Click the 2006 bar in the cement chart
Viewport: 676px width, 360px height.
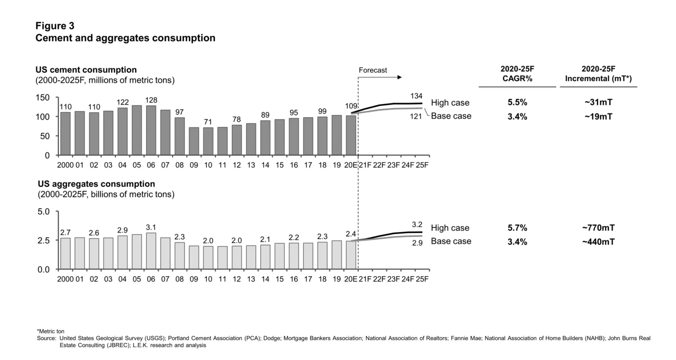click(x=151, y=131)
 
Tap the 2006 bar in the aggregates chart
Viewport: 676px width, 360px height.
click(x=151, y=251)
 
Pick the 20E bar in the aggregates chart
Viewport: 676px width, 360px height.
click(x=350, y=255)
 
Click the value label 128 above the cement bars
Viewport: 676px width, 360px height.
click(x=151, y=100)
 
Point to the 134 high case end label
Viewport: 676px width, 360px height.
click(x=416, y=96)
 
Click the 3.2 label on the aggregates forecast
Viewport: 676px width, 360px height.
click(x=417, y=225)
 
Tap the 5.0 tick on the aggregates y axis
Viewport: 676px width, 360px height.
click(x=44, y=212)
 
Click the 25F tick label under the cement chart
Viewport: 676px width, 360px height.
click(x=422, y=165)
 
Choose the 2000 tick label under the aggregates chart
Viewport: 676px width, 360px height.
click(x=65, y=279)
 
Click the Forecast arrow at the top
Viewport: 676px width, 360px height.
click(x=380, y=78)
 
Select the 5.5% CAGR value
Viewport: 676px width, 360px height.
click(x=517, y=102)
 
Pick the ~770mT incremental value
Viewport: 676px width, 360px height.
click(x=598, y=228)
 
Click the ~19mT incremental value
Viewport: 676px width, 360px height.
click(x=598, y=116)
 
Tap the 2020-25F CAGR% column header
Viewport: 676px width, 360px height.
click(x=517, y=74)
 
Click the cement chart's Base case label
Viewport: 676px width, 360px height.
click(x=451, y=116)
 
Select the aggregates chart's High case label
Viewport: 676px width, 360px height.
click(x=450, y=228)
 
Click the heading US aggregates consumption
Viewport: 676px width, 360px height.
click(x=96, y=184)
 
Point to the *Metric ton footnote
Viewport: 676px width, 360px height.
click(x=50, y=331)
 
